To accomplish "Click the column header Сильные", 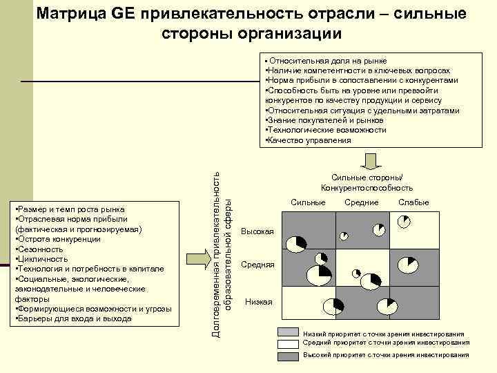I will (308, 202).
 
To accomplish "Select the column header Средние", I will (362, 202).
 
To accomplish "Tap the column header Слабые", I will (413, 202).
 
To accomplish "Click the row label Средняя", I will (257, 265).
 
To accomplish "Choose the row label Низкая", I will (259, 302).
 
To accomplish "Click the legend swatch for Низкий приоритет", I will (289, 333).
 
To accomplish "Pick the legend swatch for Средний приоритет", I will (289, 343).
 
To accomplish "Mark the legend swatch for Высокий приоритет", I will (289, 355).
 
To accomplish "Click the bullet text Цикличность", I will (41, 259).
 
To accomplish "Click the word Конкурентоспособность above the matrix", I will (367, 188).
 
